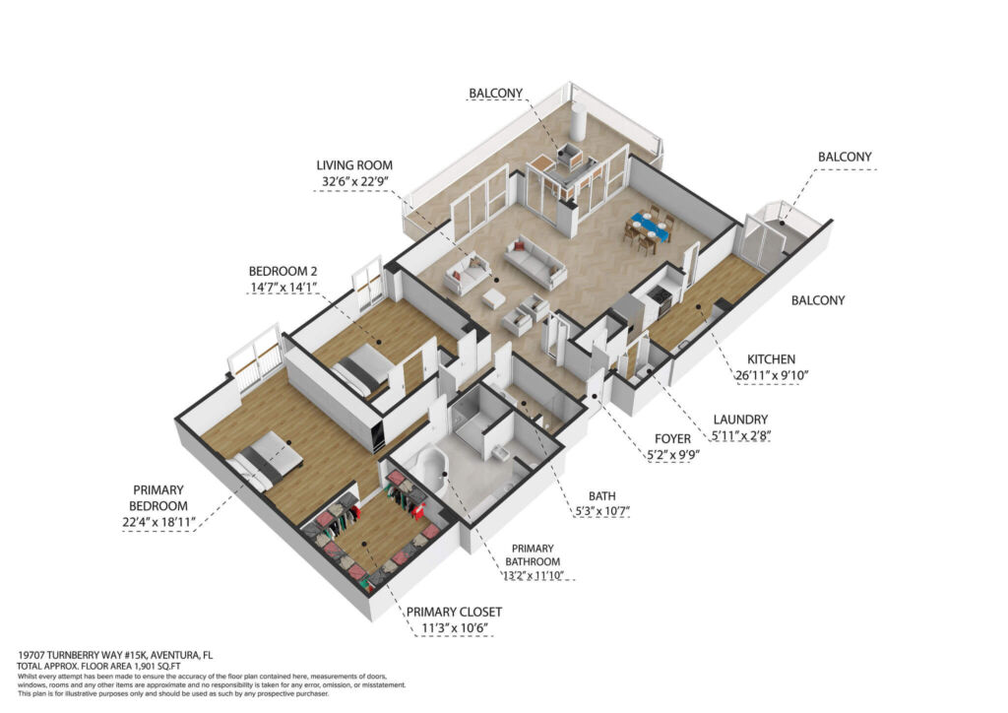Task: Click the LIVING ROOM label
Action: click(354, 165)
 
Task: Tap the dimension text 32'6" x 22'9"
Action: click(354, 182)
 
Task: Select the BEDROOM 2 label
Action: click(283, 271)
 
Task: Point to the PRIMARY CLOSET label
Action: click(454, 613)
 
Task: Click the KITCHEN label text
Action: click(771, 359)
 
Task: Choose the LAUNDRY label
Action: click(740, 420)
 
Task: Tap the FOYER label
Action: click(672, 439)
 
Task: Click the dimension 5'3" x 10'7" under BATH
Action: click(601, 512)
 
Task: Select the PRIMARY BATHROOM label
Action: click(533, 554)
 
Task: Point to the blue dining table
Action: click(650, 226)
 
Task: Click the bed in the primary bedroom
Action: click(267, 462)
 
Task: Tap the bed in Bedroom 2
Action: click(362, 368)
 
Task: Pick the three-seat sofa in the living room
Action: click(535, 262)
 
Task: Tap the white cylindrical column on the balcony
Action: click(580, 123)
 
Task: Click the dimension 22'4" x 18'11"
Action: click(158, 523)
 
